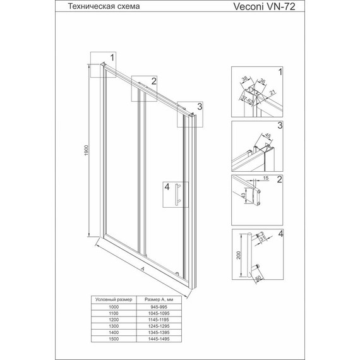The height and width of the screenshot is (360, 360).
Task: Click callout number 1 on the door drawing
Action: pyautogui.click(x=112, y=57)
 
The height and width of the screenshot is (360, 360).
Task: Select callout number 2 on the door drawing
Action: pyautogui.click(x=153, y=80)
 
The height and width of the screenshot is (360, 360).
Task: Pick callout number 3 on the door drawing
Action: pyautogui.click(x=199, y=106)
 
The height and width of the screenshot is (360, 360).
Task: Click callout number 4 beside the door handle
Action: pyautogui.click(x=167, y=187)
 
